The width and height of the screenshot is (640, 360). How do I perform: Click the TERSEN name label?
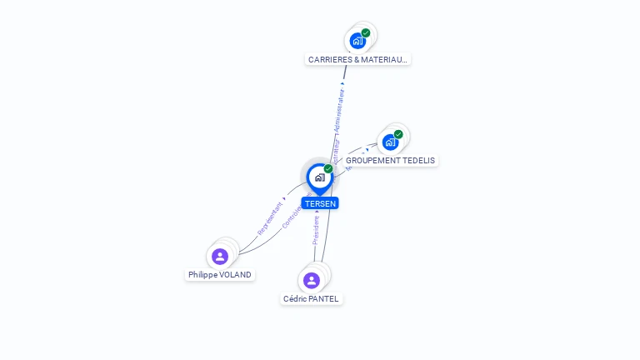coord(320,203)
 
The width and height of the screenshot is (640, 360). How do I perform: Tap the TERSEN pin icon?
coord(319,177)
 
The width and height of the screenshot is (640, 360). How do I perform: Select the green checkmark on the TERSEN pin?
coord(328,169)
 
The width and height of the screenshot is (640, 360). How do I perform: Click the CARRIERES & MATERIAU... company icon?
coord(357,41)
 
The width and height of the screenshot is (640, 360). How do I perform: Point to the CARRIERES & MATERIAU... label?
coord(358,60)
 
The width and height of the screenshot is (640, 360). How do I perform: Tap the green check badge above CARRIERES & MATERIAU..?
coord(366,33)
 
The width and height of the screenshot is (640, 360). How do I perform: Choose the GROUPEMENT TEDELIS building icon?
coord(390,142)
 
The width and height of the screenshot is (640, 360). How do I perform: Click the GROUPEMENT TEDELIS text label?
coord(390,161)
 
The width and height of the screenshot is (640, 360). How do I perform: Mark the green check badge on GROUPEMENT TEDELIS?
coord(398,134)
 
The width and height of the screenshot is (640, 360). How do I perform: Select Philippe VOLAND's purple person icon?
coord(220,256)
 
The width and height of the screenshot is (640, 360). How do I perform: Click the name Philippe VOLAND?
coord(219,275)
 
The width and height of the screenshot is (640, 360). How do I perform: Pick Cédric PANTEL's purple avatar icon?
coord(312,280)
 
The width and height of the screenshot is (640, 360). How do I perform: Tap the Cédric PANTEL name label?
coord(311,299)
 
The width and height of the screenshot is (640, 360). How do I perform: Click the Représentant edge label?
coord(271,217)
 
